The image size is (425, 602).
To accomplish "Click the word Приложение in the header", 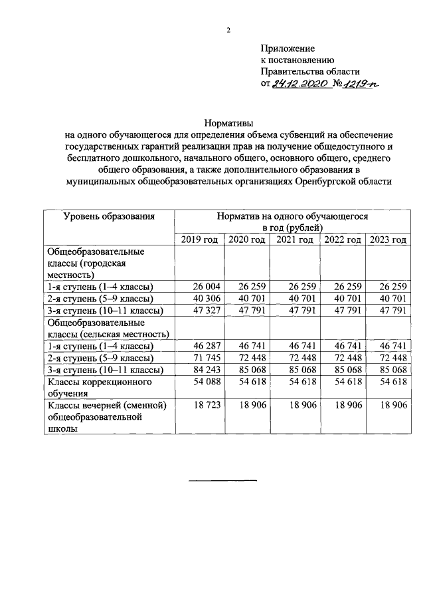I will pyautogui.click(x=287, y=49).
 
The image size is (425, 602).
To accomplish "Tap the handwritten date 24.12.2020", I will pyautogui.click(x=301, y=84).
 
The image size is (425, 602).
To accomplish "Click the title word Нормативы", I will pyautogui.click(x=228, y=122).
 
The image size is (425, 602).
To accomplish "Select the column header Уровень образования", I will pyautogui.click(x=109, y=216).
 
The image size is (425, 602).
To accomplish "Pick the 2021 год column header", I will pyautogui.click(x=295, y=240).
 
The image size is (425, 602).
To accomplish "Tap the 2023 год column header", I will pyautogui.click(x=387, y=240).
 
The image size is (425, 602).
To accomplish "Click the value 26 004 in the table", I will pyautogui.click(x=206, y=287).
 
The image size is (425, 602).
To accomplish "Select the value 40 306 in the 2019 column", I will pyautogui.click(x=206, y=299).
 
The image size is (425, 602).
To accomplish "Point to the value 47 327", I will pyautogui.click(x=206, y=311).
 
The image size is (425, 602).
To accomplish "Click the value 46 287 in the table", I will pyautogui.click(x=206, y=347).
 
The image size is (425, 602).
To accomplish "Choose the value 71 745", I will pyautogui.click(x=206, y=359).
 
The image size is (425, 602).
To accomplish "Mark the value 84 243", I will pyautogui.click(x=206, y=371).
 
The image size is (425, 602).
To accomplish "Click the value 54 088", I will pyautogui.click(x=206, y=382).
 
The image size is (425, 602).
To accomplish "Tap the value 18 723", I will pyautogui.click(x=206, y=406).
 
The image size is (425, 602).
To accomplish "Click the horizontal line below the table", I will pyautogui.click(x=223, y=480).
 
